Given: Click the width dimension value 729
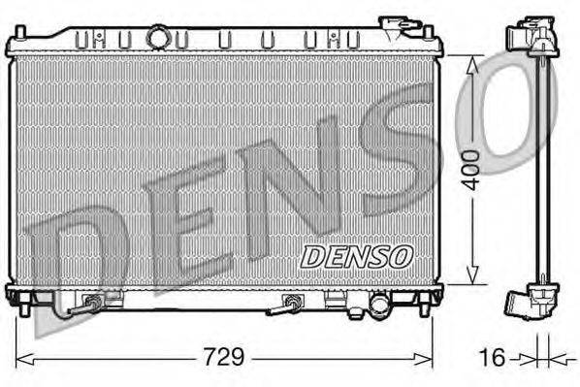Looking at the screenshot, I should [x=223, y=357].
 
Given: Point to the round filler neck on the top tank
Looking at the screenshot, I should [x=157, y=38].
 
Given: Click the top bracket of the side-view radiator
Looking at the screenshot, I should [x=534, y=37].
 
